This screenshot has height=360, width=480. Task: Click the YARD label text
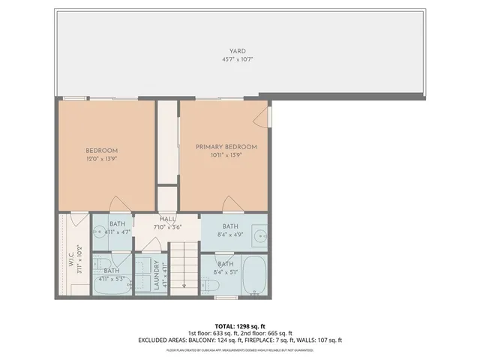tap(238, 52)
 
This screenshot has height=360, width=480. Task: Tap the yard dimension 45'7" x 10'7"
tap(238, 59)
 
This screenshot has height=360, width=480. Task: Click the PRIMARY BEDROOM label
tap(226, 146)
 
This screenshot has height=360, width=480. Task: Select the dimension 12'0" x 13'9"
tap(101, 158)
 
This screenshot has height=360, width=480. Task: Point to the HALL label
tap(167, 218)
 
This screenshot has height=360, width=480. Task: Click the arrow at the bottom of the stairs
tap(183, 284)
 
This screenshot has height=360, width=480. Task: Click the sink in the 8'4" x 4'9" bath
tap(259, 233)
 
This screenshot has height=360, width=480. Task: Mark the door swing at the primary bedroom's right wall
tap(262, 116)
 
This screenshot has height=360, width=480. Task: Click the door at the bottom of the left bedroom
tap(119, 205)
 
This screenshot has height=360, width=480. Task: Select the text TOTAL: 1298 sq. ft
tap(240, 325)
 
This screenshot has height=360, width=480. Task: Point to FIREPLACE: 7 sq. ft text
tap(288, 340)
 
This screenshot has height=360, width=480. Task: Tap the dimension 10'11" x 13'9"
tap(226, 154)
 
